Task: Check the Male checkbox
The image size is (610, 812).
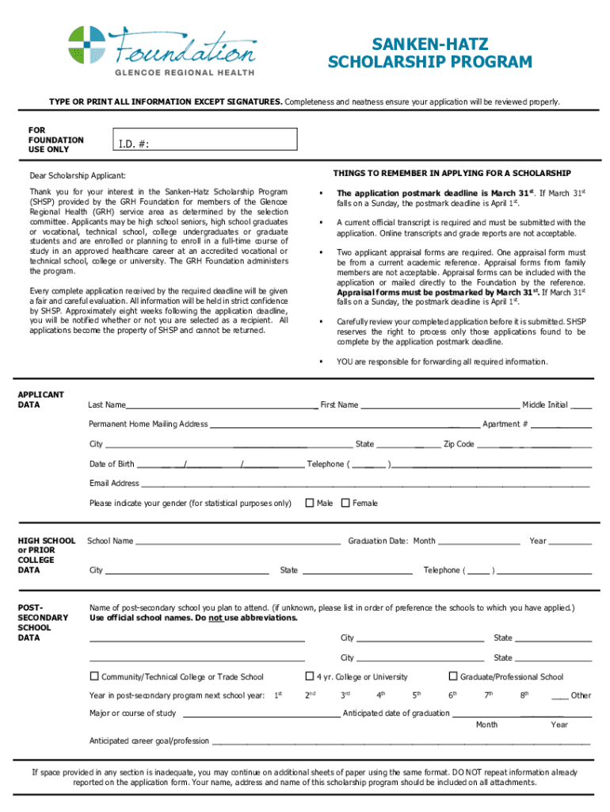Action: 310,503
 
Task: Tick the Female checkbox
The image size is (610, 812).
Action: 345,503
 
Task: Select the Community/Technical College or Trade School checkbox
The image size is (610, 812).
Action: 94,676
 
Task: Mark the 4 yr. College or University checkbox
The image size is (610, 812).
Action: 310,676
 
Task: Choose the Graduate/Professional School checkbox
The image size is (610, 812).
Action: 453,676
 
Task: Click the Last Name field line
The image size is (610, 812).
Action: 222,406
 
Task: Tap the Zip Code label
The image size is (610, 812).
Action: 459,444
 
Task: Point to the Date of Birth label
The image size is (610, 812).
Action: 112,464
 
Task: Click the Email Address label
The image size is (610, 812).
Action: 114,483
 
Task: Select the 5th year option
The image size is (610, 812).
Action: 416,695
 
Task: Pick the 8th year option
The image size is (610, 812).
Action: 524,695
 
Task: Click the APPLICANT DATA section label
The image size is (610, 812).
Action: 40,400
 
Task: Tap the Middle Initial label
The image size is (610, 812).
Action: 544,404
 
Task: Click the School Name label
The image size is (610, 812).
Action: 110,541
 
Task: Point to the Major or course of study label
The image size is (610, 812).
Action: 132,713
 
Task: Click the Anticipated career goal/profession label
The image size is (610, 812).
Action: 149,741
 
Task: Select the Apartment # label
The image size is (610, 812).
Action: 505,424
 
